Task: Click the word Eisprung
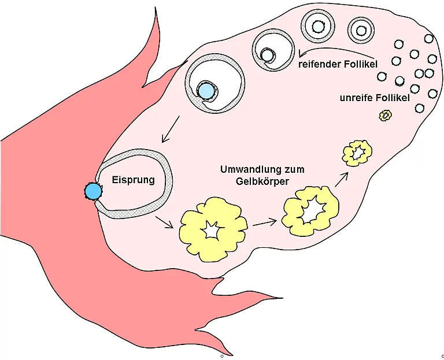pyautogui.click(x=134, y=180)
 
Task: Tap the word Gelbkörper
pyautogui.click(x=262, y=181)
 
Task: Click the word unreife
pyautogui.click(x=356, y=98)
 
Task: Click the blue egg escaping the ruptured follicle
pyautogui.click(x=94, y=192)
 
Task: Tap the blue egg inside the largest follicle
pyautogui.click(x=206, y=91)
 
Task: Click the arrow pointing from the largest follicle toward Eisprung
pyautogui.click(x=171, y=129)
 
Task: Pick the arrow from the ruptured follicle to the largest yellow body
pyautogui.click(x=164, y=222)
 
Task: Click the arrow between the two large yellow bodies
pyautogui.click(x=264, y=222)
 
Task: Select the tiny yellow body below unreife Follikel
pyautogui.click(x=386, y=116)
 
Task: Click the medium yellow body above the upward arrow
pyautogui.click(x=357, y=153)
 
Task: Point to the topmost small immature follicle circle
pyautogui.click(x=429, y=39)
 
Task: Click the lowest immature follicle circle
pyautogui.click(x=419, y=108)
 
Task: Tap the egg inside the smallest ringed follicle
pyautogui.click(x=361, y=30)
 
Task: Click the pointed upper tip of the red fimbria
pyautogui.click(x=155, y=8)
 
